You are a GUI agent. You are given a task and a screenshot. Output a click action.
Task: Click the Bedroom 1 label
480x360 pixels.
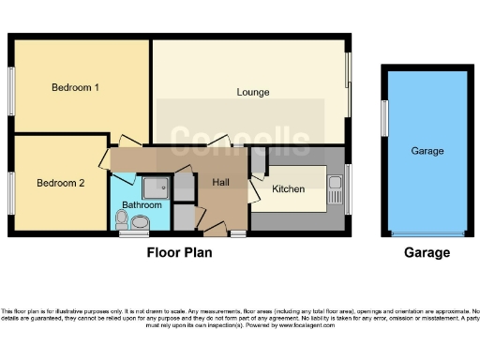[75, 87]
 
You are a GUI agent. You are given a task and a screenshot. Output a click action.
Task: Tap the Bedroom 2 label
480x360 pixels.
[61, 183]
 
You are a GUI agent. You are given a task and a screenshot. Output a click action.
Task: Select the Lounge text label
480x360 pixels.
[253, 92]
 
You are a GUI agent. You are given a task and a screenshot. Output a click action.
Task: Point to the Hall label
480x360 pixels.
[220, 182]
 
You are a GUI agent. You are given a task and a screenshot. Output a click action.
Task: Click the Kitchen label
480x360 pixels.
[288, 188]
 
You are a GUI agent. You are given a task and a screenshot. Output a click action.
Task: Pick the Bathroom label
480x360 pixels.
[142, 204]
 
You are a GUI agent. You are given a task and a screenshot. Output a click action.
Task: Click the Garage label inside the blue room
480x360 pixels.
[427, 150]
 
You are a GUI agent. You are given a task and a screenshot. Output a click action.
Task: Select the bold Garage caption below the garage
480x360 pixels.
[427, 252]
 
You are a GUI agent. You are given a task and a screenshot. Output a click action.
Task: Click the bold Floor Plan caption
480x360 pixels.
[179, 252]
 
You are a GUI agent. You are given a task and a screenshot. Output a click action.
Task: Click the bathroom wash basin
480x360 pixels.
[141, 222]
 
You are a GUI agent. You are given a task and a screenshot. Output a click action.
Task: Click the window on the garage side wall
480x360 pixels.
[383, 120]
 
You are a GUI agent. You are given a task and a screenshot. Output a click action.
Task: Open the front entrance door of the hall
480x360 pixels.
[216, 229]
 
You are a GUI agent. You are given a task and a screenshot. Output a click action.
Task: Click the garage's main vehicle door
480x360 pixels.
[427, 233]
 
